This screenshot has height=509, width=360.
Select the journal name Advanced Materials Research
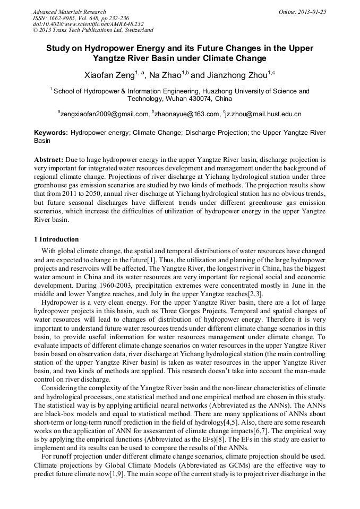click(69, 12)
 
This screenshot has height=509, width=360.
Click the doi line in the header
click(88, 24)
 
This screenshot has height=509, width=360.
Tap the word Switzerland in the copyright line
click(135, 30)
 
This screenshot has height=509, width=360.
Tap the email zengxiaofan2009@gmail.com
click(104, 114)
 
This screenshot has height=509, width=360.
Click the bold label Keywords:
click(51, 133)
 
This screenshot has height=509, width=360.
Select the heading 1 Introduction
click(56, 239)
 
